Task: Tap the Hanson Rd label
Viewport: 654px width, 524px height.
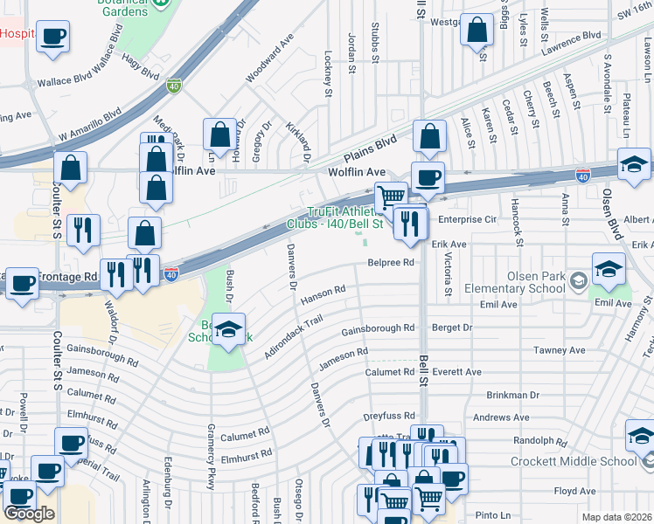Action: coord(324,294)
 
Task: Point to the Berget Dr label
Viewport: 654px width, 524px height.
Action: coord(452,328)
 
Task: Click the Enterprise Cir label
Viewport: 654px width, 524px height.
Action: coord(467,219)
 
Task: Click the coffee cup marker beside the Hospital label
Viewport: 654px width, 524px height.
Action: coord(52,37)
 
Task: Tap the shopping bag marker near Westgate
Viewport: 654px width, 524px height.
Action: coord(477,30)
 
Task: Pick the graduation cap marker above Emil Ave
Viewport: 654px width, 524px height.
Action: coord(609,268)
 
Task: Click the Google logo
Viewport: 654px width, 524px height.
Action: coord(29,514)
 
